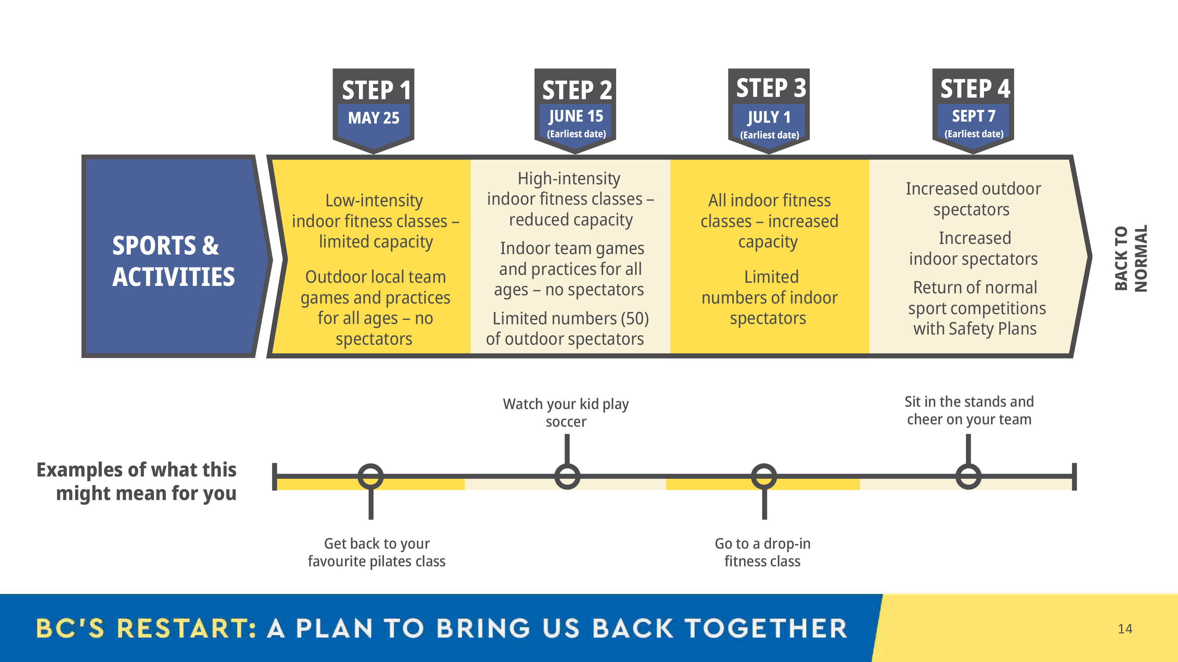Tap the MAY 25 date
click(x=373, y=118)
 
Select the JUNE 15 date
click(x=576, y=116)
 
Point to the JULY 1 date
click(x=769, y=117)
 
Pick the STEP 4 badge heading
click(x=975, y=89)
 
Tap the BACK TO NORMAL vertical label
click(x=1131, y=258)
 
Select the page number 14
click(x=1125, y=629)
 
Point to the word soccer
click(x=566, y=422)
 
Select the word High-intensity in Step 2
click(x=569, y=178)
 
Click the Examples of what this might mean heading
click(x=136, y=482)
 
